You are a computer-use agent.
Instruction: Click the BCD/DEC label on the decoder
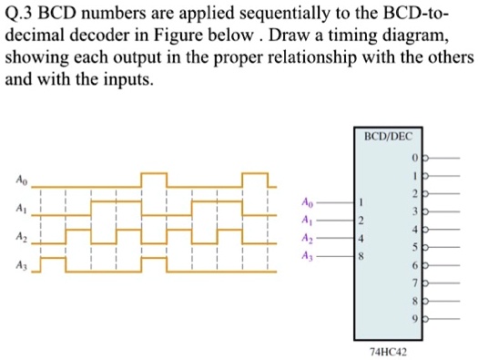pyautogui.click(x=388, y=136)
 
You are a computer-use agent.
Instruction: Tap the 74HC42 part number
pyautogui.click(x=388, y=349)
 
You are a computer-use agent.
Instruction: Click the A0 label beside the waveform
pyautogui.click(x=20, y=179)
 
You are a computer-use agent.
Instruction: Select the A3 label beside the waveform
pyautogui.click(x=20, y=265)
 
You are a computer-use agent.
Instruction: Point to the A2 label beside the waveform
pyautogui.click(x=20, y=236)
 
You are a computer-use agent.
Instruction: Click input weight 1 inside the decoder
pyautogui.click(x=361, y=201)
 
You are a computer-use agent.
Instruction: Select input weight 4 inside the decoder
pyautogui.click(x=361, y=240)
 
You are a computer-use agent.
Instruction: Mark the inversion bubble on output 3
pyautogui.click(x=423, y=211)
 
